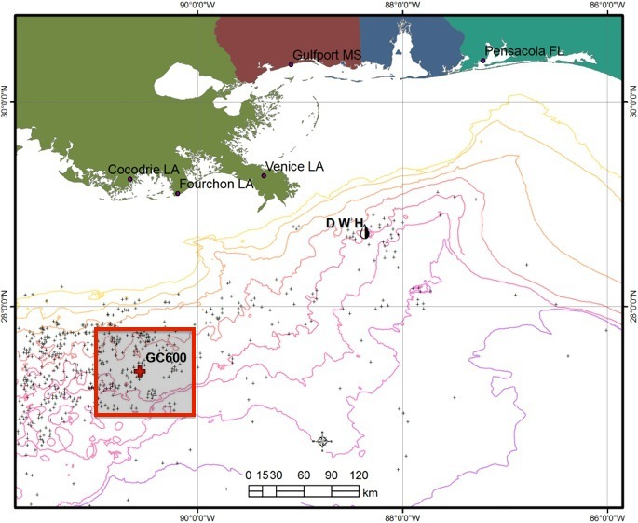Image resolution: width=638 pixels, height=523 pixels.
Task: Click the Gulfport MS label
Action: tap(327, 56)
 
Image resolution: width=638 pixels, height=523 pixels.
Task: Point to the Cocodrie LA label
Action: tap(143, 169)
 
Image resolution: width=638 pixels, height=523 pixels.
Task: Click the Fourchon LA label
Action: tap(217, 184)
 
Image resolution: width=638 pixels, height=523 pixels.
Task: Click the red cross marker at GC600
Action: tap(140, 371)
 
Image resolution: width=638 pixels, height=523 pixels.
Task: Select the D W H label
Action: tap(344, 223)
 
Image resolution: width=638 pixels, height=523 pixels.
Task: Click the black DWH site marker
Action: tap(365, 231)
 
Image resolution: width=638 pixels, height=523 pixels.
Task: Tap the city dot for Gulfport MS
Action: tap(290, 64)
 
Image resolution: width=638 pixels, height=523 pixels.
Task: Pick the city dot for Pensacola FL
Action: tap(482, 61)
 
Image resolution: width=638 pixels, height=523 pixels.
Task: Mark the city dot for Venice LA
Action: tap(264, 175)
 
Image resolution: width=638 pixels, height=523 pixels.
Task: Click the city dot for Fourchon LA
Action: tap(177, 192)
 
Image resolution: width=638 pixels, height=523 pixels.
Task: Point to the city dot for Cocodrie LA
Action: tap(130, 179)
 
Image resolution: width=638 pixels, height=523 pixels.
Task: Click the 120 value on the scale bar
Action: tap(359, 475)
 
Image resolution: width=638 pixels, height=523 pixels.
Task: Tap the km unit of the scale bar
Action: tap(370, 491)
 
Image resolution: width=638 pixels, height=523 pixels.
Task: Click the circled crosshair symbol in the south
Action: tap(322, 441)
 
